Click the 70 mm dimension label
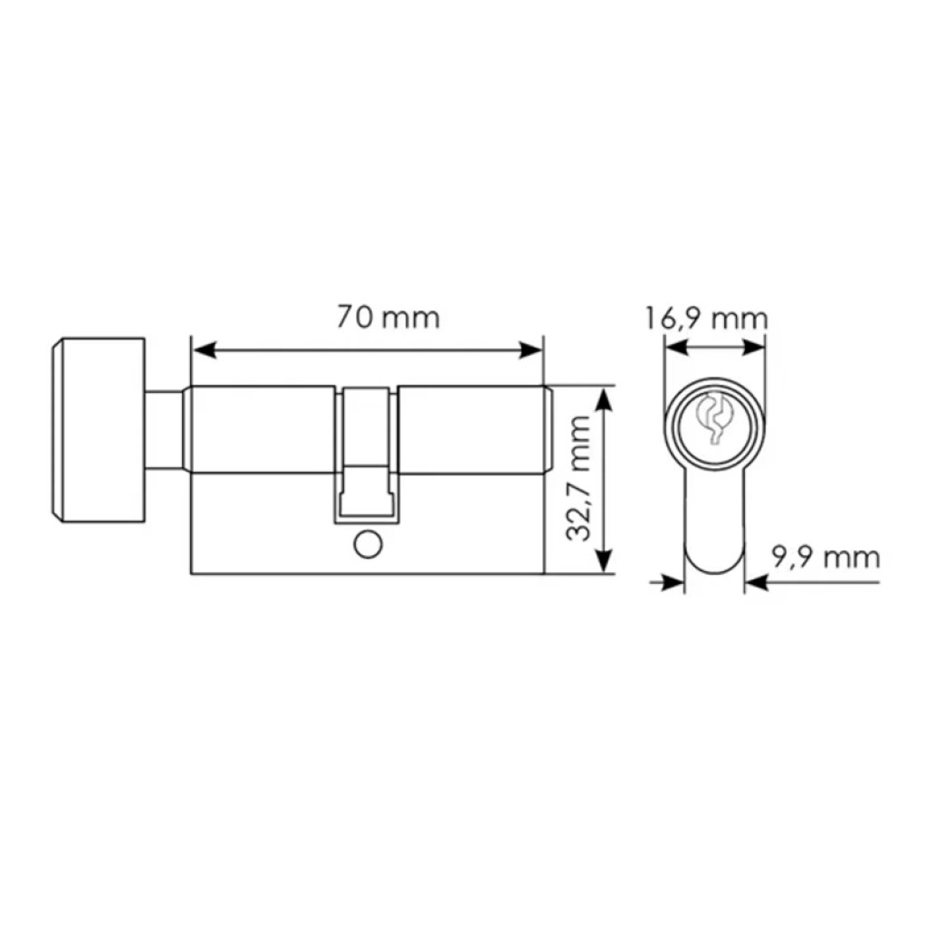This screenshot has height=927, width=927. [388, 318]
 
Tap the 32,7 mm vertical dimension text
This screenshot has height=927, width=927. [578, 478]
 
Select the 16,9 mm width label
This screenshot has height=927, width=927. [705, 319]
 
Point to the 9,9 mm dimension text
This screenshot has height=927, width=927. [826, 557]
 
